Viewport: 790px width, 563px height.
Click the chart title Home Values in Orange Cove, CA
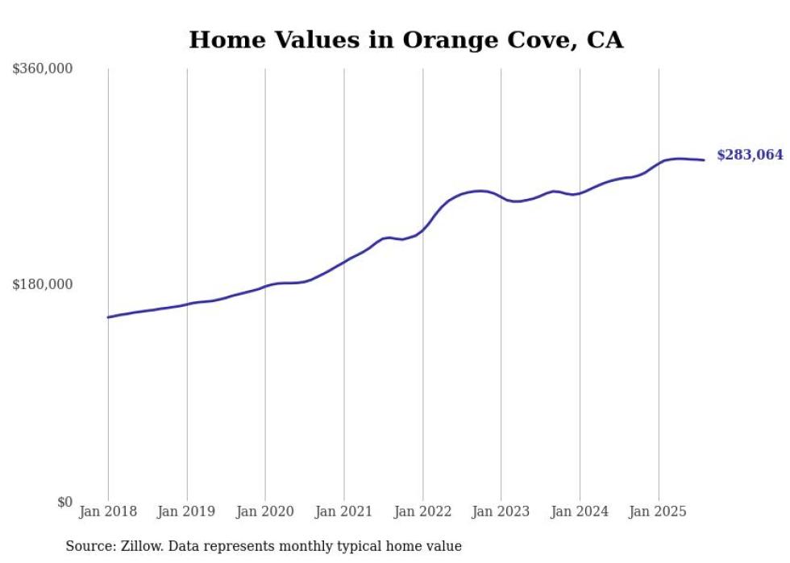coord(405,39)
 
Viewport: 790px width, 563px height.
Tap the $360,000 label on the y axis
coord(43,69)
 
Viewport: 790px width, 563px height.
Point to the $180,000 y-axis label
coord(43,284)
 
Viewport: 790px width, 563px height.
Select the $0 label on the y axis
coord(64,502)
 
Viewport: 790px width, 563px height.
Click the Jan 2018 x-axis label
coord(108,511)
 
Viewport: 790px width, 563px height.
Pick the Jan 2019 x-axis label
coord(187,511)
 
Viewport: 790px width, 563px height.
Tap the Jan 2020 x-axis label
coord(265,511)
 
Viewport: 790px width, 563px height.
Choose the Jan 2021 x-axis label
coord(344,511)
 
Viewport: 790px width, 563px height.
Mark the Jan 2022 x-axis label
coord(422,511)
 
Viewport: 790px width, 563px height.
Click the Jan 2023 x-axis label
coord(501,511)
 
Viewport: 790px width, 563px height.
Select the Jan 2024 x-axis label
coord(580,511)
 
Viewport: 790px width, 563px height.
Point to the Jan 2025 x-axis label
coord(659,511)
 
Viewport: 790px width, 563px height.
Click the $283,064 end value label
coord(749,155)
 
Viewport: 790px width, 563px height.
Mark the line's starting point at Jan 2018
coord(108,317)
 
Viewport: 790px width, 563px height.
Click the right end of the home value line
coord(705,159)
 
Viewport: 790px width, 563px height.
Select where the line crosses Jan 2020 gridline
coord(265,287)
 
